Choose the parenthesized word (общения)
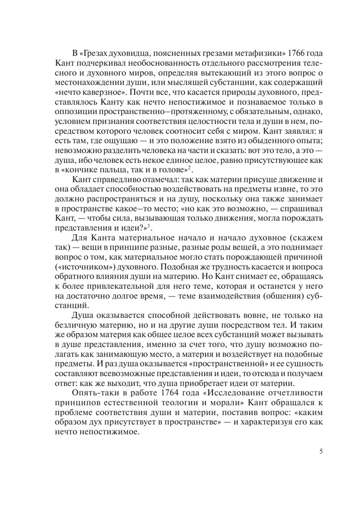[283, 296]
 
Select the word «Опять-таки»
[91, 392]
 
